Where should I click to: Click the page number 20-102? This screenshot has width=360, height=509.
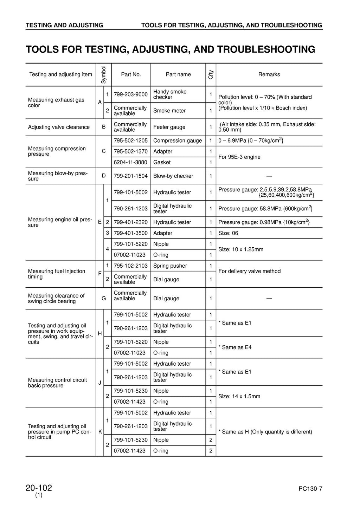point(39,488)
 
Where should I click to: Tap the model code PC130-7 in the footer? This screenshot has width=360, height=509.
point(310,489)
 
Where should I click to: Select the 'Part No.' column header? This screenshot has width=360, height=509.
point(131,74)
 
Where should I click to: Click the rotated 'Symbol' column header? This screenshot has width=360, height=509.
point(103,74)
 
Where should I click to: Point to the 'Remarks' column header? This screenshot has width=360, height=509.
point(269,74)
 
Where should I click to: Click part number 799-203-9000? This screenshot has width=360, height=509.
point(131,94)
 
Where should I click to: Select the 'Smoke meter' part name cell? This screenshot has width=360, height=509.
point(169,111)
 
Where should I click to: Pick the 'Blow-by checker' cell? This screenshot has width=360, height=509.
point(173,176)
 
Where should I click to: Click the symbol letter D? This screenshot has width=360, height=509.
point(103,176)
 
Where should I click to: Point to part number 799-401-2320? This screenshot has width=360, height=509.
point(131,222)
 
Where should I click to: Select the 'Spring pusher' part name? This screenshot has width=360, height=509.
point(170,266)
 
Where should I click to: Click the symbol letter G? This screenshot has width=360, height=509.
point(103,299)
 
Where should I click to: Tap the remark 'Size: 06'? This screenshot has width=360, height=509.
point(228,233)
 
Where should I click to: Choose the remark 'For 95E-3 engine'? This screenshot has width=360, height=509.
point(239,157)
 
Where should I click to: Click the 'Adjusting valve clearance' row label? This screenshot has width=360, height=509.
point(59,127)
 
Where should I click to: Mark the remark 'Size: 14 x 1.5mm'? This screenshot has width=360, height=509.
point(239,396)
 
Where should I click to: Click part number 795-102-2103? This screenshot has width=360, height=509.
point(131,266)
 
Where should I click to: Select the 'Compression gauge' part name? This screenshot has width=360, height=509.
point(178,141)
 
